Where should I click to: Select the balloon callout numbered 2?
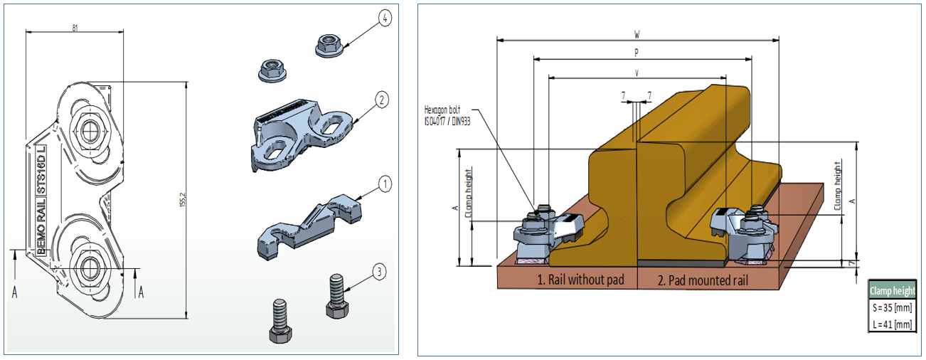click(x=382, y=100)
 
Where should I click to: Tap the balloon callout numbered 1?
click(x=384, y=185)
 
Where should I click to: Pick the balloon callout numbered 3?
click(x=380, y=270)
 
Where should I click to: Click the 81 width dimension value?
click(x=75, y=28)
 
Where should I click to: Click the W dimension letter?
click(x=637, y=33)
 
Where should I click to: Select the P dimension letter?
click(x=637, y=52)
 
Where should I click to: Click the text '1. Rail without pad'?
click(x=580, y=280)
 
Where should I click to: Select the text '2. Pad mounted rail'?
click(x=703, y=280)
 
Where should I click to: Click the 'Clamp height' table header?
click(x=893, y=291)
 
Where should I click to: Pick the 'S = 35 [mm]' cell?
click(x=893, y=308)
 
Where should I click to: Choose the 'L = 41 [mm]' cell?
click(x=893, y=324)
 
